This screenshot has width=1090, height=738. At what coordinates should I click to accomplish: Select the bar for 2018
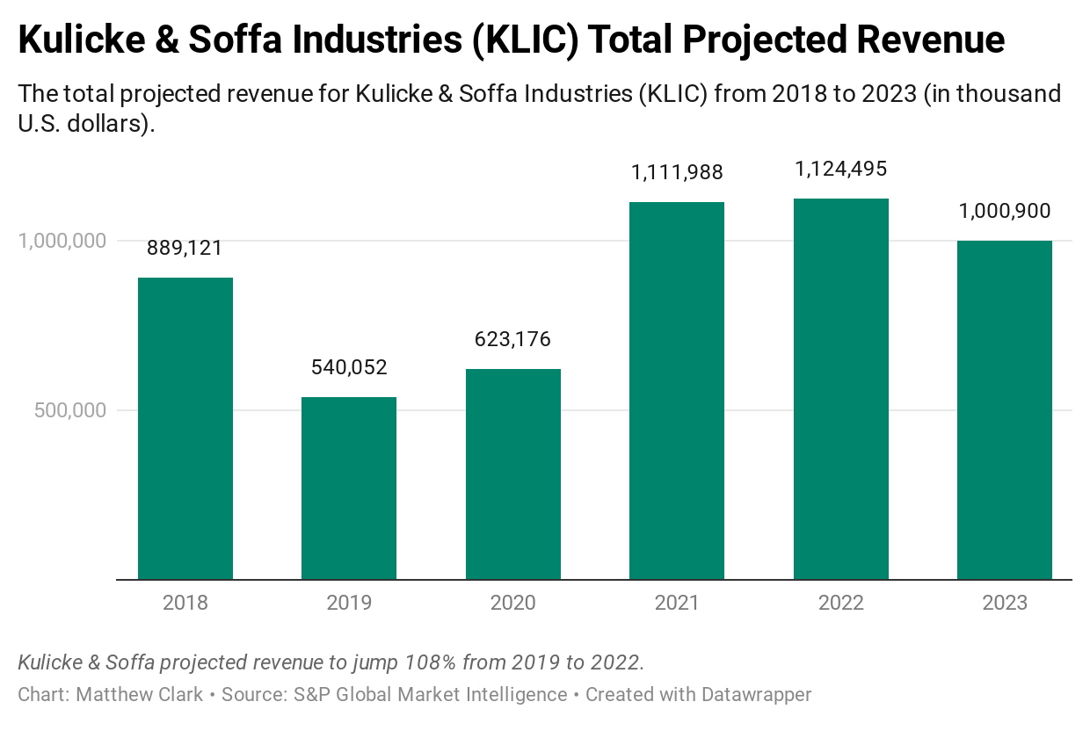tap(185, 429)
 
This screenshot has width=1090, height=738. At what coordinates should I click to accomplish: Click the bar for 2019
tap(349, 488)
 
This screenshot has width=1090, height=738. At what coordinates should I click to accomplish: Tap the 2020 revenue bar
tap(513, 474)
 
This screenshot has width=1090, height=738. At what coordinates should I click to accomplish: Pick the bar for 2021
tap(677, 391)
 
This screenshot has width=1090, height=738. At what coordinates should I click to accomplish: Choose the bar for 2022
tap(841, 389)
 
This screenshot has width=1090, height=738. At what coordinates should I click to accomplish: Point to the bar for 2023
tap(1005, 410)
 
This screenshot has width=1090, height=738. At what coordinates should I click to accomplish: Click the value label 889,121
tap(185, 248)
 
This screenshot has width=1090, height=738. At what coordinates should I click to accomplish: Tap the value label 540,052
tap(349, 367)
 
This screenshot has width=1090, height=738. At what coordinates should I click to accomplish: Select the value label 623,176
tap(513, 339)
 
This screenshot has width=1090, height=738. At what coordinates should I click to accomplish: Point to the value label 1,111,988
tap(677, 172)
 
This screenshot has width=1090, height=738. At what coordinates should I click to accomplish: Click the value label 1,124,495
tap(841, 169)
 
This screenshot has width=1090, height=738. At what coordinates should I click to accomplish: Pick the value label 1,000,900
tap(1005, 211)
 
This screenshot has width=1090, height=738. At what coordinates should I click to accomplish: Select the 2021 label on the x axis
tap(677, 603)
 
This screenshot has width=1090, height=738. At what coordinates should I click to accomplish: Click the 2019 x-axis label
tap(349, 603)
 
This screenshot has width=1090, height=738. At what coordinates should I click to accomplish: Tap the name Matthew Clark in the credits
tap(140, 694)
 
